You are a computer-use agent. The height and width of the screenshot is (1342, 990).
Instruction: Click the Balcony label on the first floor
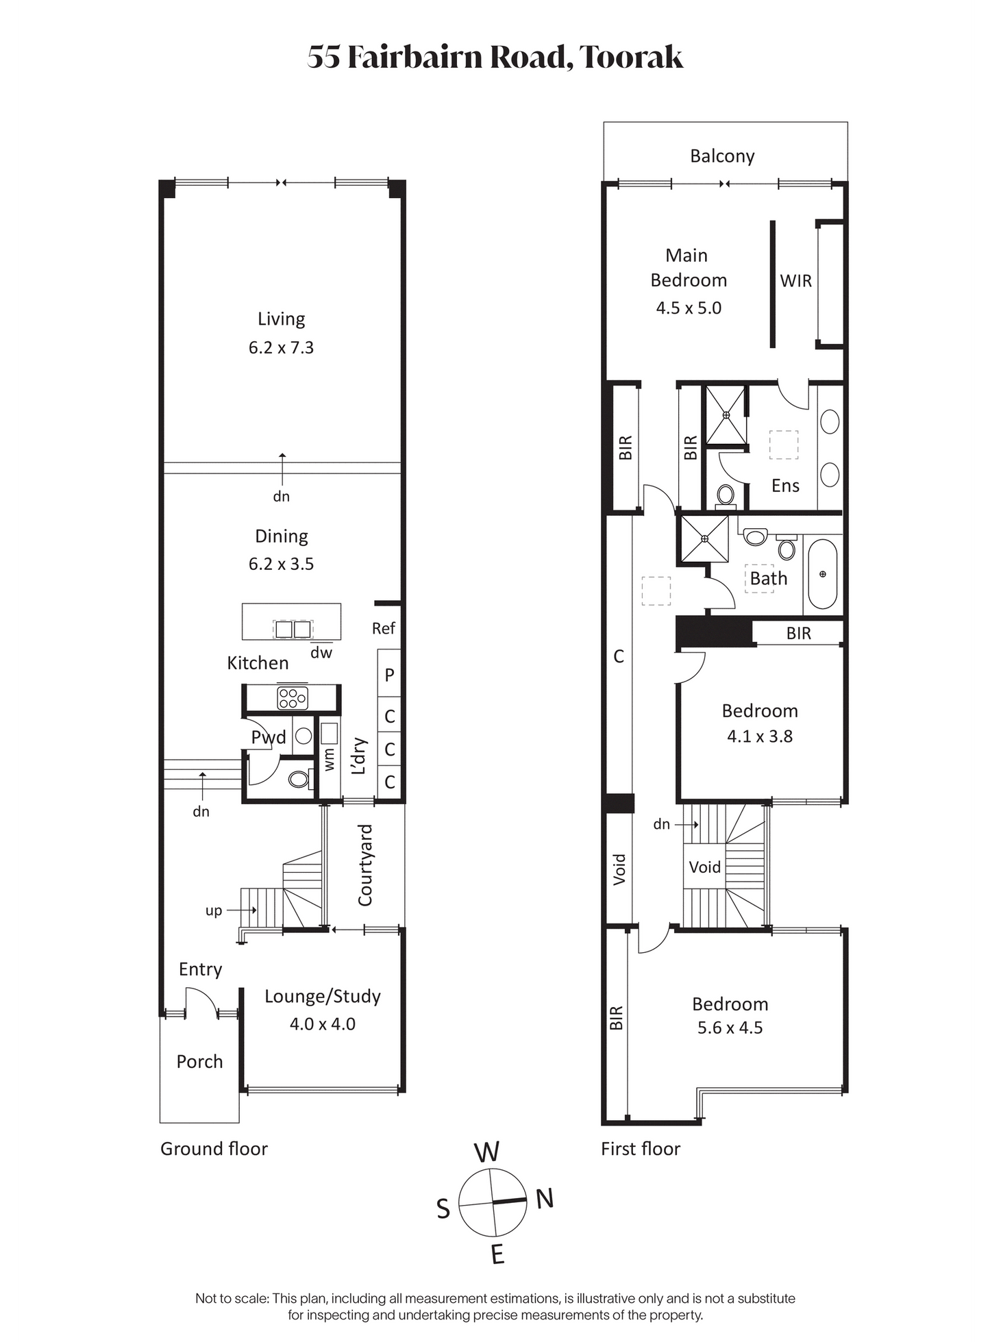pyautogui.click(x=722, y=156)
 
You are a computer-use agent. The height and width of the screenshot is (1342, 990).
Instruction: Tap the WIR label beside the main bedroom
pyautogui.click(x=795, y=281)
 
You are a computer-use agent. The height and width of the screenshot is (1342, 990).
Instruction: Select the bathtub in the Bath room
pyautogui.click(x=822, y=574)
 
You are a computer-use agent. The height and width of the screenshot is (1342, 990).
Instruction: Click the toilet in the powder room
pyautogui.click(x=299, y=779)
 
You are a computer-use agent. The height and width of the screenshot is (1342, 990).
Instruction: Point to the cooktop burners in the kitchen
pyautogui.click(x=293, y=698)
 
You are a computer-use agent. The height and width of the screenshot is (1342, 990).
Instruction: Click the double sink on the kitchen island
pyautogui.click(x=293, y=629)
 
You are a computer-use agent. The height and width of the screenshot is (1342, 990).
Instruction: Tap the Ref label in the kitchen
pyautogui.click(x=384, y=628)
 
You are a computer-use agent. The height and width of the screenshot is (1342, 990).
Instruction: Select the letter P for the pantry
pyautogui.click(x=389, y=675)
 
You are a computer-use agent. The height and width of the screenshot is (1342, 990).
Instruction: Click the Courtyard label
pyautogui.click(x=365, y=865)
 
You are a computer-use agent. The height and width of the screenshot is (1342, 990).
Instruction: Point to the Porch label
pyautogui.click(x=199, y=1062)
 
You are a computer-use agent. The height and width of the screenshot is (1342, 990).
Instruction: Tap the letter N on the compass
pyautogui.click(x=545, y=1199)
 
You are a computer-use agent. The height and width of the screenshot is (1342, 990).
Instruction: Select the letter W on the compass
pyautogui.click(x=487, y=1152)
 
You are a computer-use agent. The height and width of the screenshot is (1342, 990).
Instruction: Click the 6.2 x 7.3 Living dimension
pyautogui.click(x=281, y=348)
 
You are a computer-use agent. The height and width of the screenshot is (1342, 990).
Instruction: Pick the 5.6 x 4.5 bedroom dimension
pyautogui.click(x=730, y=1028)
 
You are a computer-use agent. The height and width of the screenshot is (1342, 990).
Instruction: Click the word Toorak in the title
pyautogui.click(x=632, y=57)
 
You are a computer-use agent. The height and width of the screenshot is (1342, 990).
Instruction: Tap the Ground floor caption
pyautogui.click(x=214, y=1149)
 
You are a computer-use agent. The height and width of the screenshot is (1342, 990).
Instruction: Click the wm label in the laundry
pyautogui.click(x=330, y=760)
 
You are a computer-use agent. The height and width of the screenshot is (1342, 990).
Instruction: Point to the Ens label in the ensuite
pyautogui.click(x=785, y=486)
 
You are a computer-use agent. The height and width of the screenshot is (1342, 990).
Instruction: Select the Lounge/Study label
pyautogui.click(x=323, y=997)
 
